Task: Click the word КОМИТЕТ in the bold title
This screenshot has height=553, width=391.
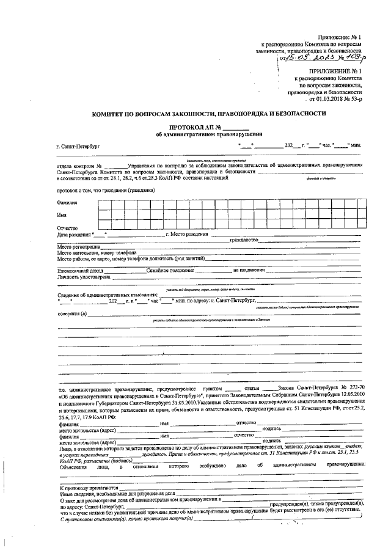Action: click(109, 114)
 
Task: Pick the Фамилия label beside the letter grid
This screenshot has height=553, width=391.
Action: click(68, 202)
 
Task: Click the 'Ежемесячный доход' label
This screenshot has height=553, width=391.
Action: click(78, 269)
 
